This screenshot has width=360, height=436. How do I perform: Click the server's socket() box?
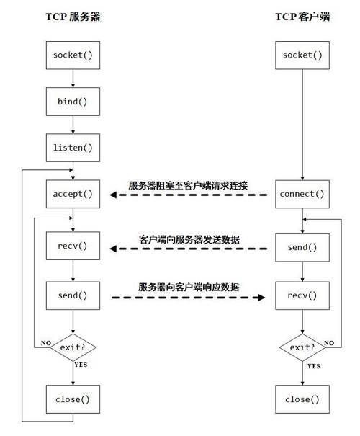(73, 55)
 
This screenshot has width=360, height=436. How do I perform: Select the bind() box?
(73, 102)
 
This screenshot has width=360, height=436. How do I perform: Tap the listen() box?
(73, 148)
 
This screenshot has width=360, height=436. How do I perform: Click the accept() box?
(73, 194)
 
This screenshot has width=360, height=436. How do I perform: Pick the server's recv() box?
(73, 247)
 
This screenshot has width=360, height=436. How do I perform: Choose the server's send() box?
(73, 295)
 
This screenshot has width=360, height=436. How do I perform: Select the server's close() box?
(73, 398)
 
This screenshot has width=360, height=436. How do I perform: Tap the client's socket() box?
(302, 55)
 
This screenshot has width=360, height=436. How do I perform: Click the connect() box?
(302, 194)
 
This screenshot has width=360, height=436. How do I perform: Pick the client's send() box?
(302, 247)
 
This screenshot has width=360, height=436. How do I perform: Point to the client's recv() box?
(302, 295)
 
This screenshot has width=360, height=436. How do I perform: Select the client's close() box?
(302, 398)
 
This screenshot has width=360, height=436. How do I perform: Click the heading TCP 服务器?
(73, 17)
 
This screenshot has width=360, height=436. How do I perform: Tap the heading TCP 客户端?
(302, 17)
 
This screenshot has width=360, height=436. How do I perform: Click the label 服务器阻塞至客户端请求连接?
(188, 185)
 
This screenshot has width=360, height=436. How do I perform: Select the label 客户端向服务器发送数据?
(189, 239)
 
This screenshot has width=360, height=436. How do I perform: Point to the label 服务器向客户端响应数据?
(189, 286)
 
